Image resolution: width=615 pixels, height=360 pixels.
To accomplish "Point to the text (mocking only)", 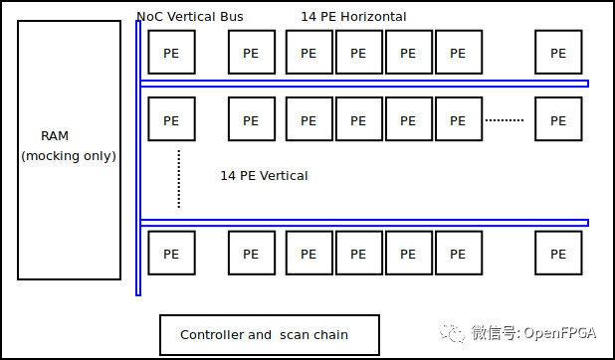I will click(x=69, y=156).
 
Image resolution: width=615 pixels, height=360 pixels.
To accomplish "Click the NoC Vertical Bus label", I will click(x=190, y=17).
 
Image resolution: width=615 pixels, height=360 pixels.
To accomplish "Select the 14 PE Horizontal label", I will click(x=353, y=17).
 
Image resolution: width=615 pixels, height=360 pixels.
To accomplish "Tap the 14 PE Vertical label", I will click(x=264, y=176).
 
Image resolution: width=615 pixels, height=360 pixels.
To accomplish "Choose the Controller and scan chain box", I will click(x=269, y=335).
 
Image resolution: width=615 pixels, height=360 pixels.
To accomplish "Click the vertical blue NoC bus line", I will click(x=138, y=159).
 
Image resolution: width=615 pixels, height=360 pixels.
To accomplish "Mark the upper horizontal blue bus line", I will click(x=364, y=84).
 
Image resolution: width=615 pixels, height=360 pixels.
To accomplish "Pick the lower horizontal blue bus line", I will click(x=364, y=223).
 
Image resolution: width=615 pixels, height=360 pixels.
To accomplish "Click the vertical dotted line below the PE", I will click(x=179, y=179).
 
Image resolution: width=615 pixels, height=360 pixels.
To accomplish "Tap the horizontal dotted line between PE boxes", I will click(x=505, y=120).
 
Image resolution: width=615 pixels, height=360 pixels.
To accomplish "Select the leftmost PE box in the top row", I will click(x=171, y=52).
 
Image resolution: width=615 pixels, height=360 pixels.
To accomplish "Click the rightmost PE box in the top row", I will click(x=558, y=52).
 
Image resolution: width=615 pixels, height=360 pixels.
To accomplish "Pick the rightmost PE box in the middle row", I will click(x=558, y=120).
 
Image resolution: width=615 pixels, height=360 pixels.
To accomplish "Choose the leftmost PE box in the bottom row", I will click(x=171, y=253).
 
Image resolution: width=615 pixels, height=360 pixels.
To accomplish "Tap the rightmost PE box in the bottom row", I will click(x=558, y=253).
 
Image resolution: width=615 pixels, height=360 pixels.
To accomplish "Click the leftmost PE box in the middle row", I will click(x=171, y=120).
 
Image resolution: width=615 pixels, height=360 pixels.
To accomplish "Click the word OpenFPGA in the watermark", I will click(x=562, y=332).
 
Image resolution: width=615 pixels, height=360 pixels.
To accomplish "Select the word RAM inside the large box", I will click(x=55, y=136).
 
